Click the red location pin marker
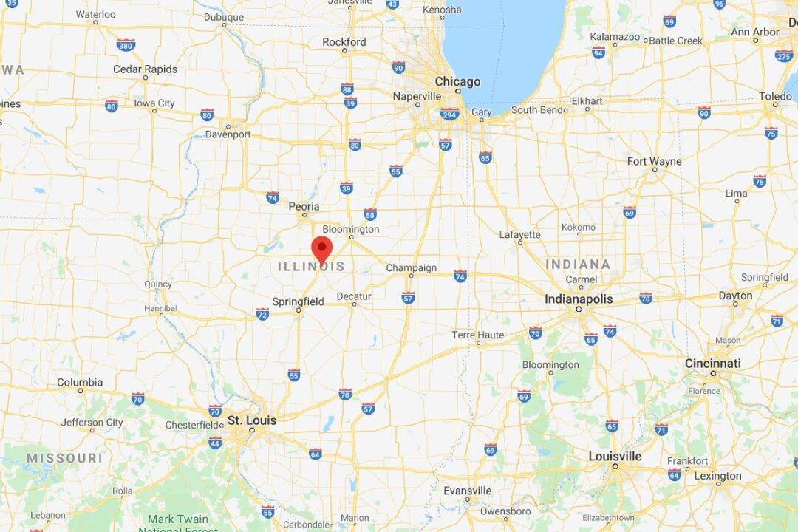coord(321,249)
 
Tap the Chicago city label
coord(457,81)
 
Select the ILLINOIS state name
coord(311,267)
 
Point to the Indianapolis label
coord(579,299)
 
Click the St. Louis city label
coord(251,420)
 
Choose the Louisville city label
coord(615,456)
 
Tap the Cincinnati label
coord(712,364)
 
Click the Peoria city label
coord(304,206)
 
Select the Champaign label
coord(411,267)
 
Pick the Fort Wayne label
coord(654,161)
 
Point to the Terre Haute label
coord(477,335)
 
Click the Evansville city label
coord(467,491)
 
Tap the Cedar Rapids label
coord(145,69)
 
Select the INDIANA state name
coord(578,265)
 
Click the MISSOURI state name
coord(64,458)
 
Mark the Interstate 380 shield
coord(126,45)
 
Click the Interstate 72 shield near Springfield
coord(262,314)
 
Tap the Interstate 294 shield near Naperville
coord(449,113)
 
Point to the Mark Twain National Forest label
coord(177,523)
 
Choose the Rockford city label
coord(344,42)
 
